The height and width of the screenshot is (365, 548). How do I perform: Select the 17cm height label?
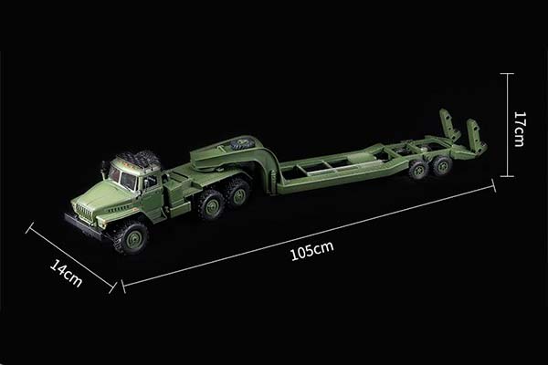tap(519, 129)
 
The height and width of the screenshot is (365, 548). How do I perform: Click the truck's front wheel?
tap(130, 236)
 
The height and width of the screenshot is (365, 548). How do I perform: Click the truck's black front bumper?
tap(83, 226)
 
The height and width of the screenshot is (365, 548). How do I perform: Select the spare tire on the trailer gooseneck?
tap(242, 143)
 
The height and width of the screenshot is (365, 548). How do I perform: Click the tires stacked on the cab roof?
tap(138, 160)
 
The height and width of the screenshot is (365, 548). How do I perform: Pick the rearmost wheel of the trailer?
tap(441, 165)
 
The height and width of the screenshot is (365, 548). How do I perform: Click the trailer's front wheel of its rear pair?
tap(419, 169)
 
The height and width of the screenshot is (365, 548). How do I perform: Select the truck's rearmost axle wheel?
tap(238, 192)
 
